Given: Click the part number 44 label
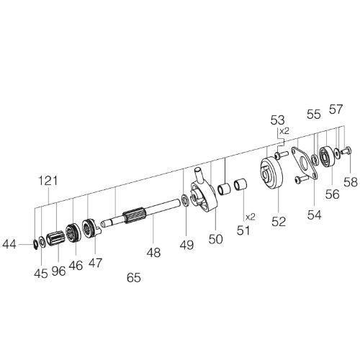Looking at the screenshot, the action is point(9,245).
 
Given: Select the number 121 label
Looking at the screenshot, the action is point(48,181).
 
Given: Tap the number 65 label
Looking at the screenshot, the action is point(134,278).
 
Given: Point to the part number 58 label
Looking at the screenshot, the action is point(351,182).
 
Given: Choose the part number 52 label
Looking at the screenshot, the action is point(279,222).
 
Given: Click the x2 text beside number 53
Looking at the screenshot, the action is point(284,131).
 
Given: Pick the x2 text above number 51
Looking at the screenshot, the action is point(251,217).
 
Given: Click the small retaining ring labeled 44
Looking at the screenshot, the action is point(35,244).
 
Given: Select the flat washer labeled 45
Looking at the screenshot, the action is point(42,242).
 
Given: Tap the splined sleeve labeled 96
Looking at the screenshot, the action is point(55,238).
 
